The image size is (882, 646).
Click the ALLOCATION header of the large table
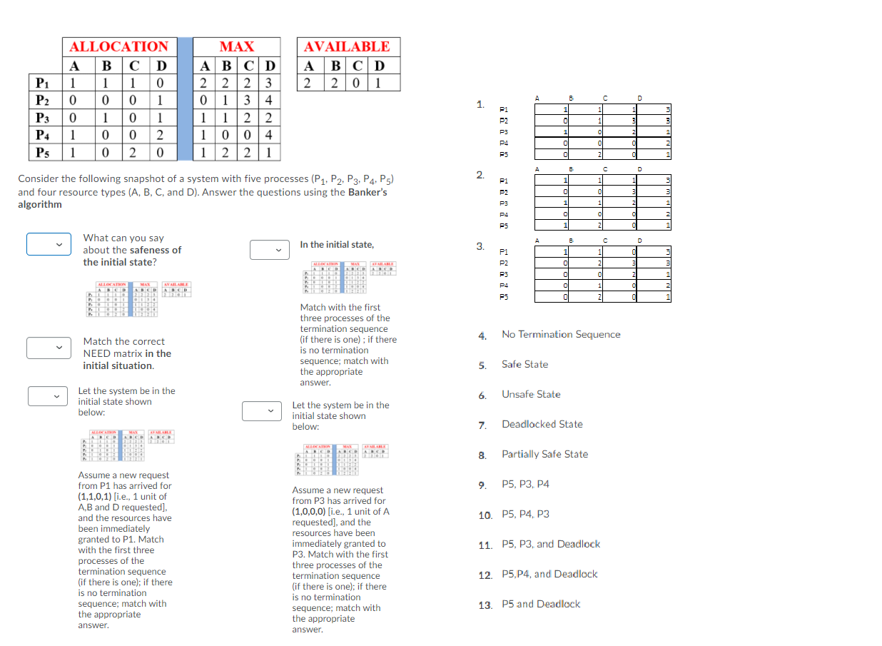point(118,46)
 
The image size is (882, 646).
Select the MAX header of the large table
point(236,46)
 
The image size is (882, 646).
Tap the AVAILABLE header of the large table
point(347,46)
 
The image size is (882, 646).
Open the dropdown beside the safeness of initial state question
point(49,244)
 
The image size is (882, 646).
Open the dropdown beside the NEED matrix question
point(49,348)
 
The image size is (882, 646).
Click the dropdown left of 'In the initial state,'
point(269,250)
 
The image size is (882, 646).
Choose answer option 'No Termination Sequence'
point(560,334)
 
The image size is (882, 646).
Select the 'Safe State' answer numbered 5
point(524,364)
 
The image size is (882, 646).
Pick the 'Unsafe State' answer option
point(530,394)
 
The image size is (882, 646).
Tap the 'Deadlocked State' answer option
point(542,424)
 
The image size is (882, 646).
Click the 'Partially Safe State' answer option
point(544,454)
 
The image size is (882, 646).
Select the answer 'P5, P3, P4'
point(525,484)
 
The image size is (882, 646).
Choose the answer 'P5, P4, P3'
point(525,514)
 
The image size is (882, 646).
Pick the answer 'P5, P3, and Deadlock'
point(550,544)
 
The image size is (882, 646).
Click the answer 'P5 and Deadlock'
point(540,604)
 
